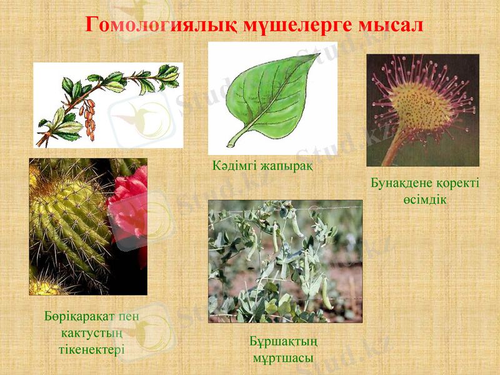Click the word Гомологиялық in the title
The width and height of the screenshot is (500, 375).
click(149, 25)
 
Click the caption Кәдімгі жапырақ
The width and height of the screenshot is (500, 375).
click(262, 167)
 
